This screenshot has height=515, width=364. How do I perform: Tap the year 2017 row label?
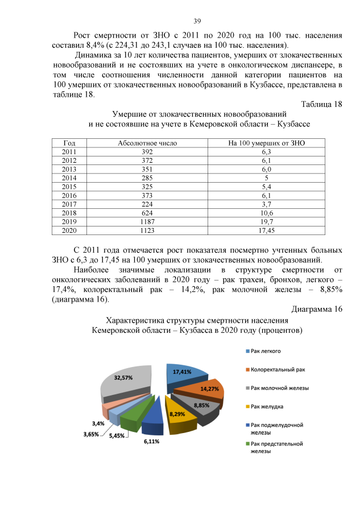tap(69, 204)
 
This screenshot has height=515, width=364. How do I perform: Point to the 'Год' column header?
tap(69, 143)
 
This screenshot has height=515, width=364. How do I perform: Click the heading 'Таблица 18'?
tap(320, 104)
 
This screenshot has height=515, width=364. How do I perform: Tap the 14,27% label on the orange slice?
tap(209, 389)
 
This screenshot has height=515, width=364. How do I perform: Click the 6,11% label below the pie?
tap(151, 441)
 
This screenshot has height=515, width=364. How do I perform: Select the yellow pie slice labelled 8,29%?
tap(177, 415)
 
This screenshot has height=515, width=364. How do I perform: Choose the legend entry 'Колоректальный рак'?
tap(278, 369)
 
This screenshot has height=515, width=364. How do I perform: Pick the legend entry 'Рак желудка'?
tap(267, 406)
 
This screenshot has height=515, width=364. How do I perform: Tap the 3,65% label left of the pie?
tap(91, 434)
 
